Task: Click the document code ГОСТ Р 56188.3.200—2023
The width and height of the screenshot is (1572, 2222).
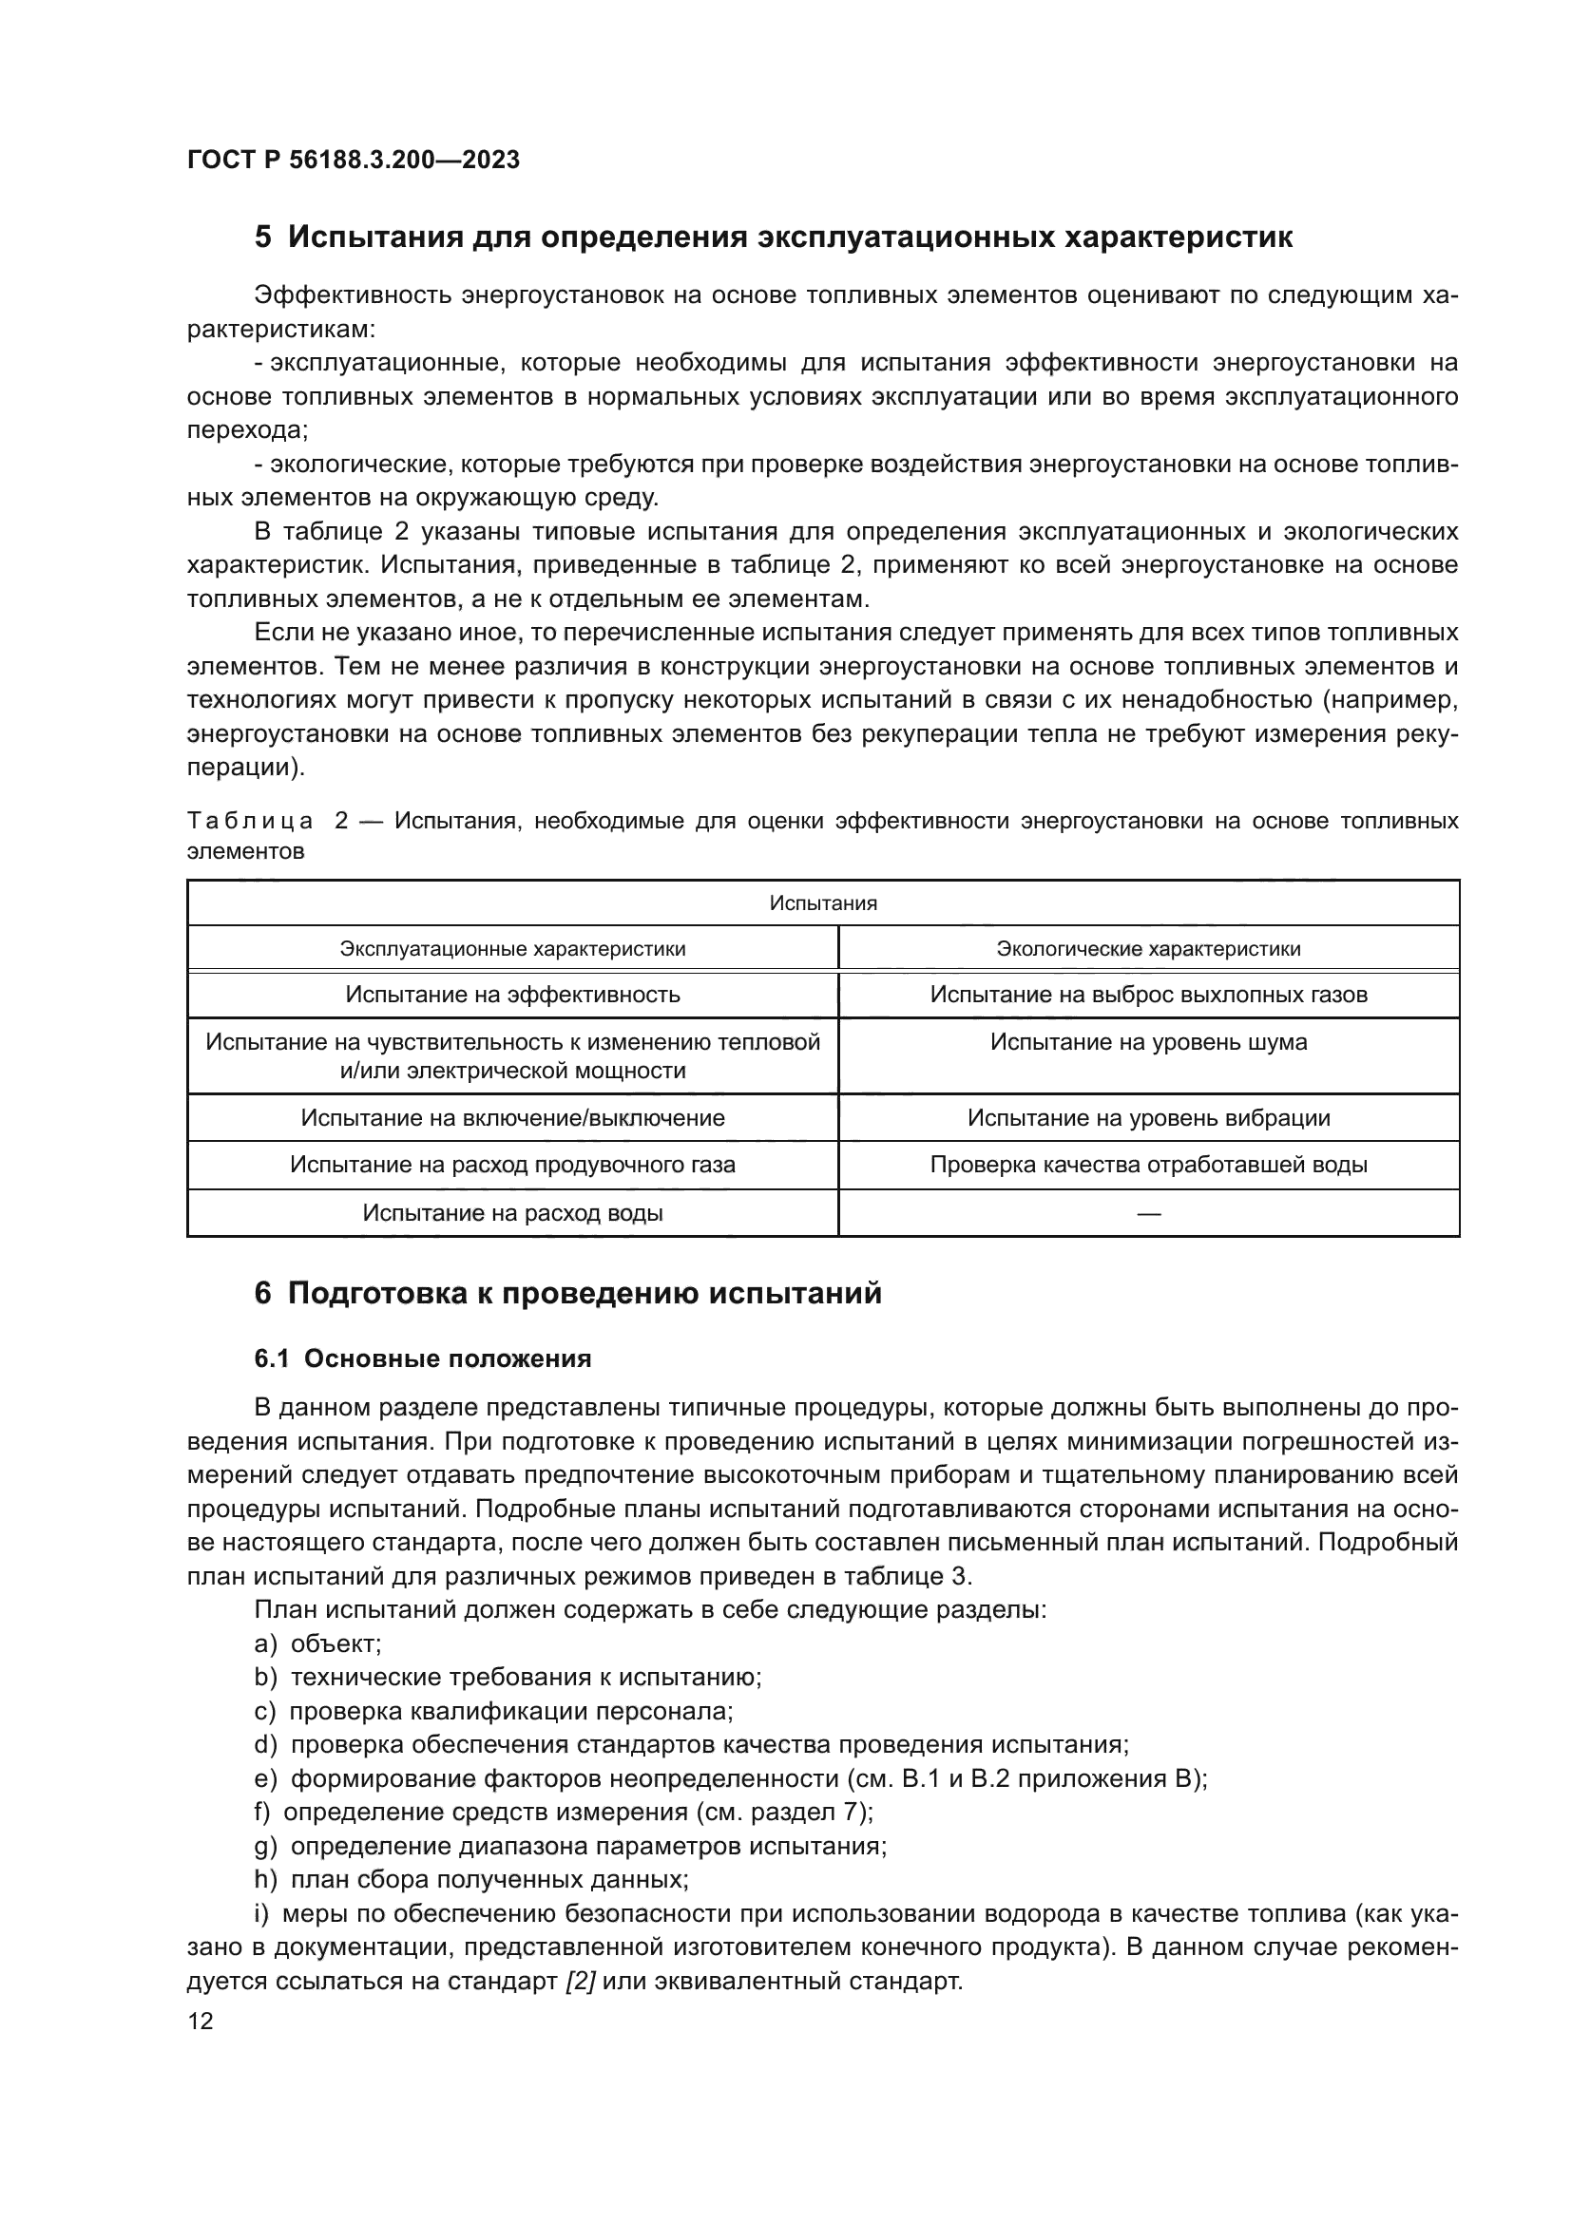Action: pos(354,160)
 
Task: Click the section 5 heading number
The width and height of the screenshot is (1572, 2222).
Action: pos(263,237)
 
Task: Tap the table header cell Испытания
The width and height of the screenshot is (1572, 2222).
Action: pos(823,902)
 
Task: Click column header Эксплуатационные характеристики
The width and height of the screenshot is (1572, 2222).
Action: pos(512,948)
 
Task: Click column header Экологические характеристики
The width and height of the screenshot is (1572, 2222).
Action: pos(1148,948)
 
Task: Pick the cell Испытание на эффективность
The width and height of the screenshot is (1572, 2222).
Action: pos(512,995)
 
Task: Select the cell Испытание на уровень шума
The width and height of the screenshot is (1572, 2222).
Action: pos(1148,1042)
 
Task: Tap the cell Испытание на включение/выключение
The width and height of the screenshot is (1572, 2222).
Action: pos(512,1118)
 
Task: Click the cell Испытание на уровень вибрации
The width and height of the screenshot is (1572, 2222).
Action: pos(1148,1118)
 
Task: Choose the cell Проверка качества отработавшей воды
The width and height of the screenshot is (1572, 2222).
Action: pos(1148,1165)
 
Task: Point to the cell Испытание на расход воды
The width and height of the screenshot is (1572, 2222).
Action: pos(512,1212)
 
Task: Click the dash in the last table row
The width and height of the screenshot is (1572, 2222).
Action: pos(1148,1213)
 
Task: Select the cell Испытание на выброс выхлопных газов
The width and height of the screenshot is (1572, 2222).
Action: pos(1148,995)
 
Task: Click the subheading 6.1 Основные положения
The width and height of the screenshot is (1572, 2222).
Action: pos(422,1358)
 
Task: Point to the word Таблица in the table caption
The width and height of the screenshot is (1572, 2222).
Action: pos(250,822)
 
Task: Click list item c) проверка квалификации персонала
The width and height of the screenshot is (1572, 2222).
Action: pos(493,1711)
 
